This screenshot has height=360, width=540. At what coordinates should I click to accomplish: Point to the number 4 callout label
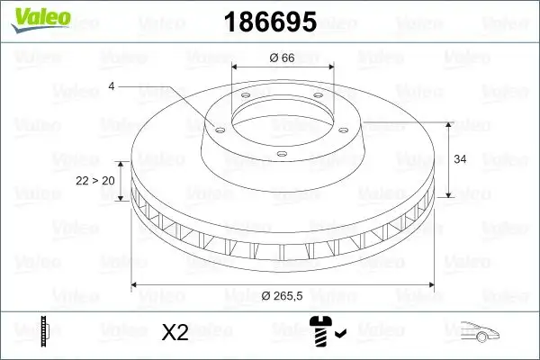(x=112, y=86)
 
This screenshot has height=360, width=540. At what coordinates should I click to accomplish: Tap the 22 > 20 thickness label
(x=94, y=181)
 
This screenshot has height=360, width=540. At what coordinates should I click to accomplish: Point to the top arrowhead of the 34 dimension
(x=449, y=122)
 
